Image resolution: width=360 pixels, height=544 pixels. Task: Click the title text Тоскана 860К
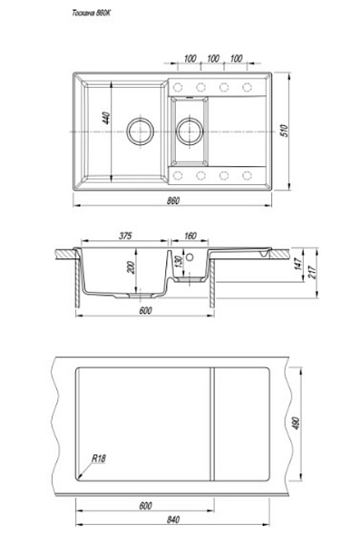[92, 14]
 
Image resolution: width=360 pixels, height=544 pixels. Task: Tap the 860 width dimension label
[173, 200]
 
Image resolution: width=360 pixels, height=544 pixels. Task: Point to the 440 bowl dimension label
[106, 118]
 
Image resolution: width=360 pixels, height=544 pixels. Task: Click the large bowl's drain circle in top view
[140, 131]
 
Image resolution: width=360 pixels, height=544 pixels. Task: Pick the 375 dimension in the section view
[125, 236]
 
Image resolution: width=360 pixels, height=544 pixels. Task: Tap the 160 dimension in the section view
[190, 236]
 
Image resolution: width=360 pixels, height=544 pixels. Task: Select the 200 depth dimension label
[131, 267]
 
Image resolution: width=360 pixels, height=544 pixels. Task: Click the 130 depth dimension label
[179, 261]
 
